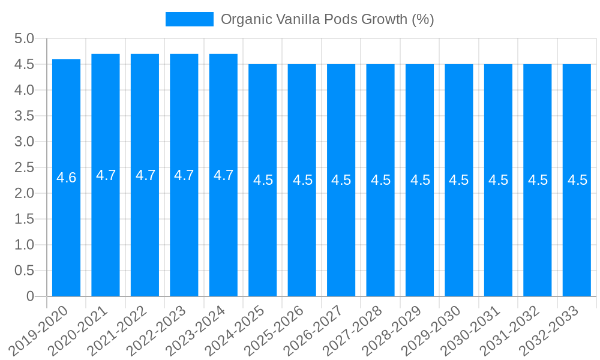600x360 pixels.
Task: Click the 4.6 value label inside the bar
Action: [66, 178]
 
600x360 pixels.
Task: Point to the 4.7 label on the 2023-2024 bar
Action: [223, 175]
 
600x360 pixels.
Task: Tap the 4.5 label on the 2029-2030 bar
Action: [459, 180]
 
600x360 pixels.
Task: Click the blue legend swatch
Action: [189, 19]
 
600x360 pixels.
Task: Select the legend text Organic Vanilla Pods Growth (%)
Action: [327, 19]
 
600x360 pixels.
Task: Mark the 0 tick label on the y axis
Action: [31, 296]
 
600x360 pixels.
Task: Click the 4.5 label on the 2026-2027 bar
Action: [341, 180]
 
